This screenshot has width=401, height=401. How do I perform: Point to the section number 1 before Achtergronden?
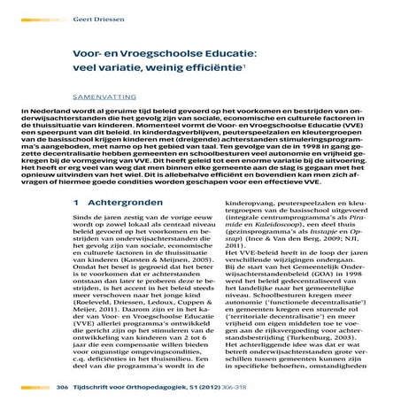click(78, 204)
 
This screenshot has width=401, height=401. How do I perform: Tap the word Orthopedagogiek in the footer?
click(153, 388)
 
